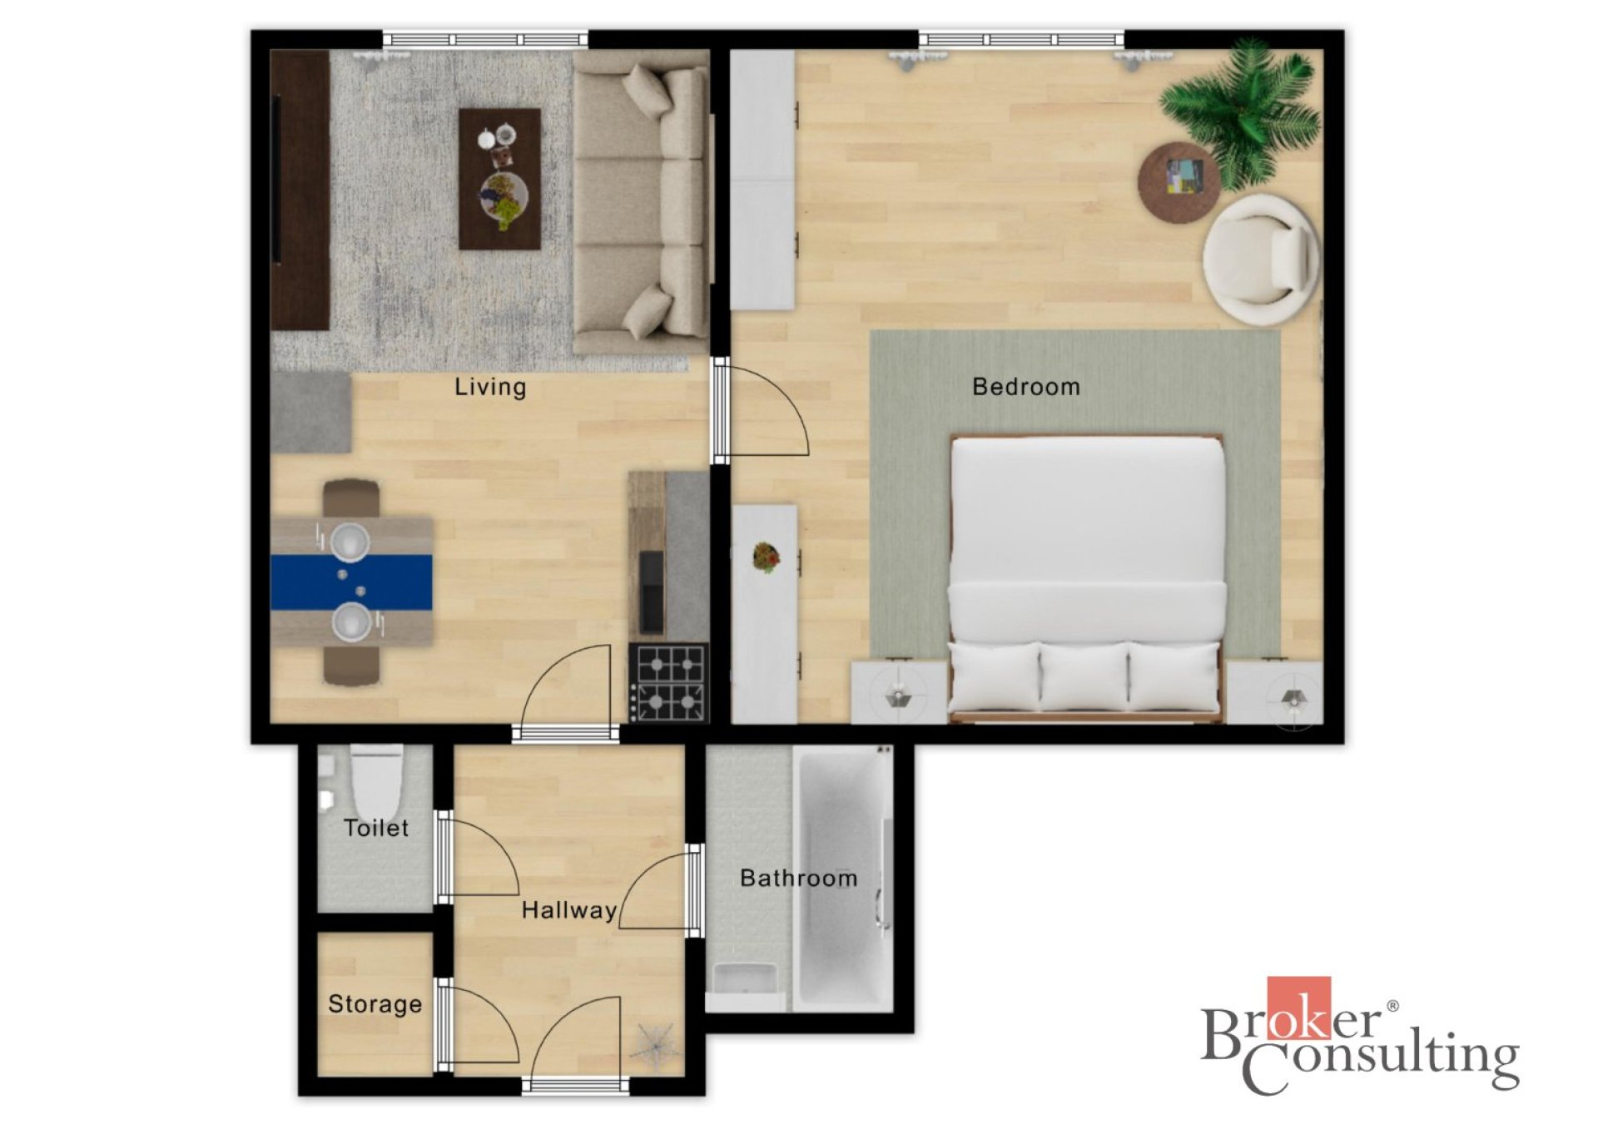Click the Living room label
tap(490, 387)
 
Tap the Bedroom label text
tap(1026, 387)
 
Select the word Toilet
tap(376, 828)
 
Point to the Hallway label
tap(569, 910)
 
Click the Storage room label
tap(375, 1004)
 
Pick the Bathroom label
tap(799, 878)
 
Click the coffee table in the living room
tap(499, 179)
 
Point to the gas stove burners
tap(669, 682)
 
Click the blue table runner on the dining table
tap(351, 582)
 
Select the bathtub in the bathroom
tap(842, 878)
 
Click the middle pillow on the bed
tap(1084, 676)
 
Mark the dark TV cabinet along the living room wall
tap(300, 190)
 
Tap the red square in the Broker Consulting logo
tap(1299, 1008)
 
